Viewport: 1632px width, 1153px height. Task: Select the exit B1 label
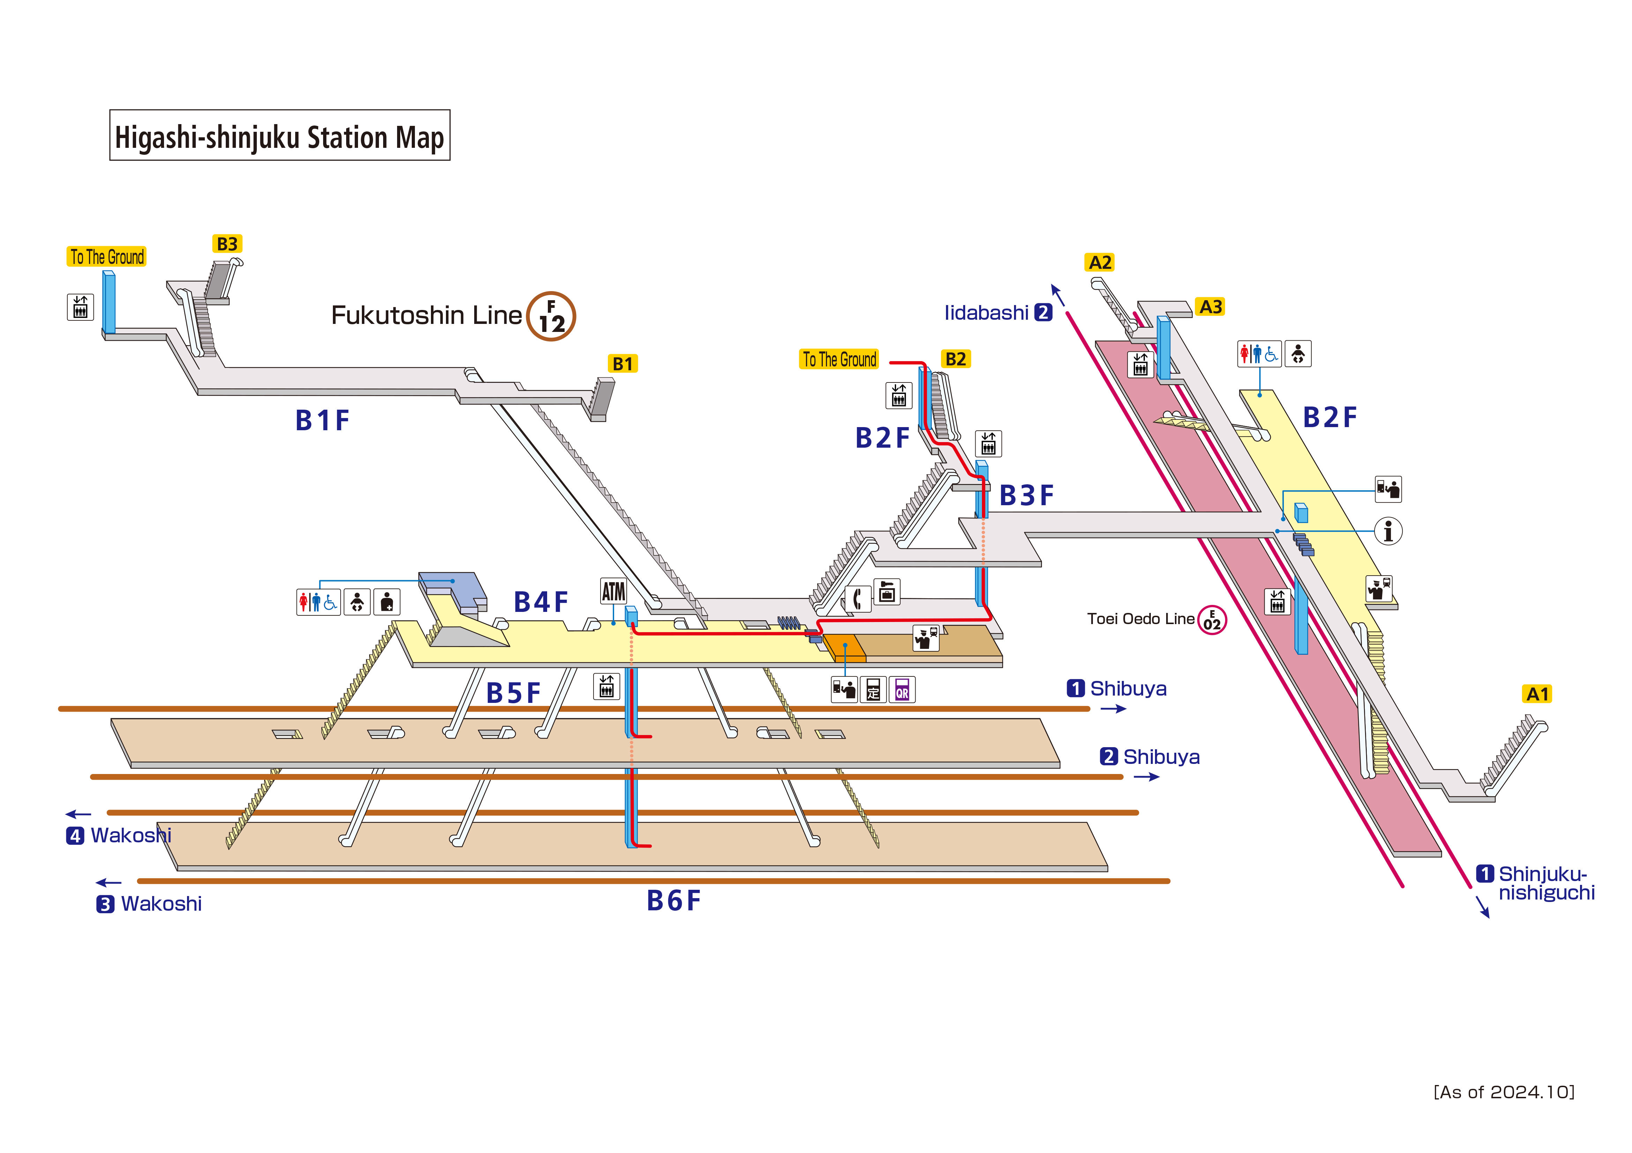tap(623, 364)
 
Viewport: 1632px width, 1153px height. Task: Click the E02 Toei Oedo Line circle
tap(1212, 620)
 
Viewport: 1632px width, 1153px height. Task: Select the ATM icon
tap(613, 591)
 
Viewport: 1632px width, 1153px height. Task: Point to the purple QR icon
tap(902, 689)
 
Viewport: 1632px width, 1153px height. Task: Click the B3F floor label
tap(1026, 495)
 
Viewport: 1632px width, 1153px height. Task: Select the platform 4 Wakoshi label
tap(119, 835)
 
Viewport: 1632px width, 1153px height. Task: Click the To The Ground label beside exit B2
tap(840, 359)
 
